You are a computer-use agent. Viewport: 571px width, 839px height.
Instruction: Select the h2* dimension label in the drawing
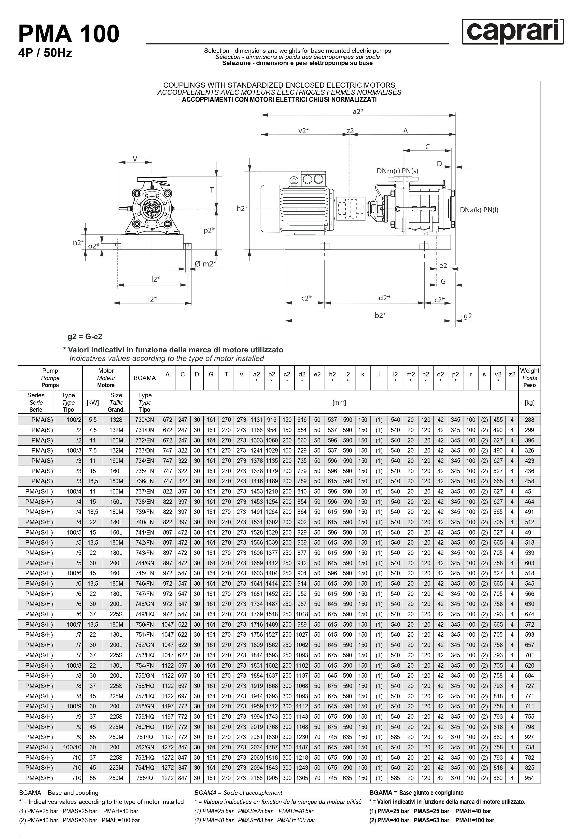[x=242, y=208]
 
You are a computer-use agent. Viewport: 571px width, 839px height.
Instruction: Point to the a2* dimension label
[x=358, y=111]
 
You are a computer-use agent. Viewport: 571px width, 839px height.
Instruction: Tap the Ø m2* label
[x=205, y=264]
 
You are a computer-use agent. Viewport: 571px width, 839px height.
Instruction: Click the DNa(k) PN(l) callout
[x=479, y=210]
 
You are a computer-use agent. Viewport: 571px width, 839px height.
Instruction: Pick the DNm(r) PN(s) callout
[x=397, y=171]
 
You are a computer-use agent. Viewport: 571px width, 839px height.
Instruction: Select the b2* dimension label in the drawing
[x=380, y=315]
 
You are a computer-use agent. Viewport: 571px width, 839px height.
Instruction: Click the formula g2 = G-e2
[x=85, y=336]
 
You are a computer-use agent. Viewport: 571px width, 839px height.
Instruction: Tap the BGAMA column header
[x=144, y=378]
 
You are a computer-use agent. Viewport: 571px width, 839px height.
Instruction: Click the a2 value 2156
[x=256, y=778]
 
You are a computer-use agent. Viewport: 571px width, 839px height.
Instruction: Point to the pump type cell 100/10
[x=72, y=747]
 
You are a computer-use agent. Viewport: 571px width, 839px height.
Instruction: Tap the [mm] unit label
[x=339, y=402]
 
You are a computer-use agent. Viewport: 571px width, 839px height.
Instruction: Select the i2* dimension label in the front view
[x=153, y=299]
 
